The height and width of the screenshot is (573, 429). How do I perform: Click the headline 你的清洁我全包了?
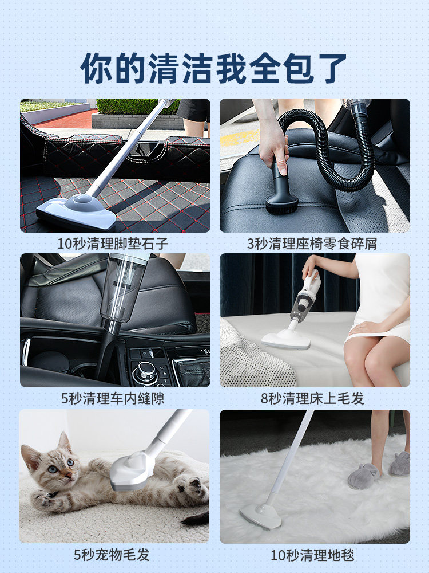[x=214, y=68]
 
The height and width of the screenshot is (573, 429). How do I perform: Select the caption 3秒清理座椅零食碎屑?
[x=312, y=244]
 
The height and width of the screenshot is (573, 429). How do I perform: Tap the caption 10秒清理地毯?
[x=312, y=555]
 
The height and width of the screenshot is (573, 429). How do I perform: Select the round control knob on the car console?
[x=145, y=372]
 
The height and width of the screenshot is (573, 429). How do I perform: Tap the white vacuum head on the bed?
[x=286, y=339]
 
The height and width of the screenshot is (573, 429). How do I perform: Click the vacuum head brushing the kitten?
[x=130, y=470]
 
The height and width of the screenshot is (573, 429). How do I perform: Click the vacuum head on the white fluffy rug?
[x=261, y=516]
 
